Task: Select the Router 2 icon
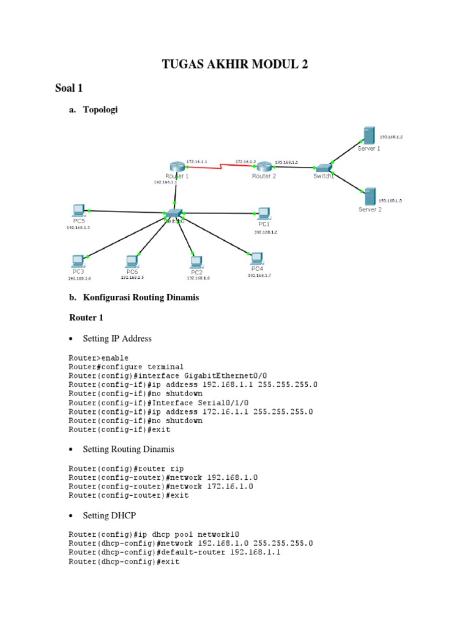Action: pyautogui.click(x=264, y=166)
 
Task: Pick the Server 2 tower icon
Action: pyautogui.click(x=369, y=196)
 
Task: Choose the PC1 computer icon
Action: pyautogui.click(x=264, y=213)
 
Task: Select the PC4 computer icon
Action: pyautogui.click(x=256, y=258)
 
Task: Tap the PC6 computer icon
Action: pyautogui.click(x=132, y=260)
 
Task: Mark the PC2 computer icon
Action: pyautogui.click(x=196, y=262)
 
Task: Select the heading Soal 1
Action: pyautogui.click(x=69, y=89)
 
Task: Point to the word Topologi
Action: pyautogui.click(x=99, y=110)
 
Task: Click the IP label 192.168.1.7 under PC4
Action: pyautogui.click(x=259, y=275)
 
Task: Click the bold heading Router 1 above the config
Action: pyautogui.click(x=86, y=317)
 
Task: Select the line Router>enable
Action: pyautogui.click(x=99, y=358)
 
